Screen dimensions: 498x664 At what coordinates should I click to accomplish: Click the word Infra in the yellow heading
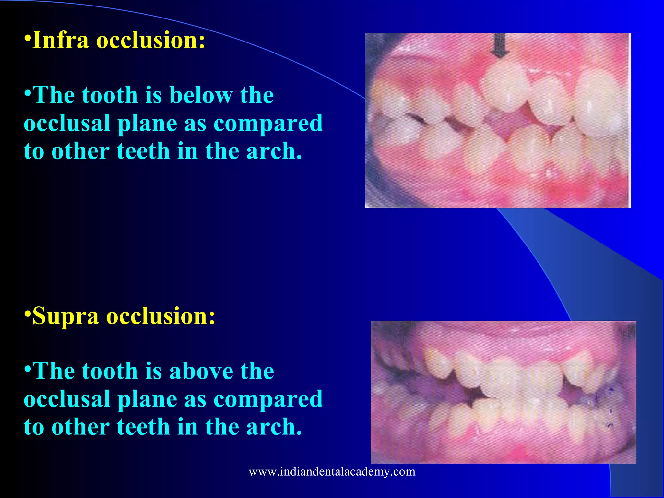(x=61, y=40)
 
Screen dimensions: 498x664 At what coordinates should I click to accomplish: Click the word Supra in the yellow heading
(x=65, y=316)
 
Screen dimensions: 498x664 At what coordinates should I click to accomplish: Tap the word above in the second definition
(x=201, y=371)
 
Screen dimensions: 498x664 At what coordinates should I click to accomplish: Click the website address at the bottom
(x=332, y=471)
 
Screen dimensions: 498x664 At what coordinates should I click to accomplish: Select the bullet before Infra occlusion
(x=28, y=38)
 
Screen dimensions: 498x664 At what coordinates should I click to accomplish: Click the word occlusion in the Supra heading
(x=161, y=316)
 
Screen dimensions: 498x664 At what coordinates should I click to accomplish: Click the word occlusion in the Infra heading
(x=151, y=40)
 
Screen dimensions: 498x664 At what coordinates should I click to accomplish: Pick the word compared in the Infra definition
(x=268, y=124)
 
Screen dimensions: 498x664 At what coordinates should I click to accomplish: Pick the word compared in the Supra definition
(x=268, y=399)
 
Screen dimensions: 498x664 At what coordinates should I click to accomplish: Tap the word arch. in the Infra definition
(x=274, y=151)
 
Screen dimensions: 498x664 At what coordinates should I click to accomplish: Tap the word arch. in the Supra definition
(x=274, y=427)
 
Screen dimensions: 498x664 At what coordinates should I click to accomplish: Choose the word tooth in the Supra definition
(x=110, y=371)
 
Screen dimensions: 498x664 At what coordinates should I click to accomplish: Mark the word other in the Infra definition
(x=80, y=151)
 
